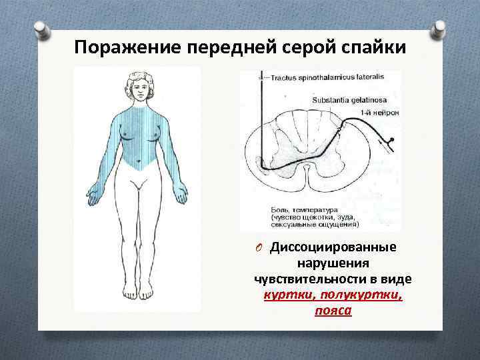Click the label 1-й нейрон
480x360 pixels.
(x=380, y=112)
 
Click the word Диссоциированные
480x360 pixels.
(x=333, y=247)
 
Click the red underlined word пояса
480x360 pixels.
(x=333, y=311)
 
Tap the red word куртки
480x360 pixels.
(x=288, y=295)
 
